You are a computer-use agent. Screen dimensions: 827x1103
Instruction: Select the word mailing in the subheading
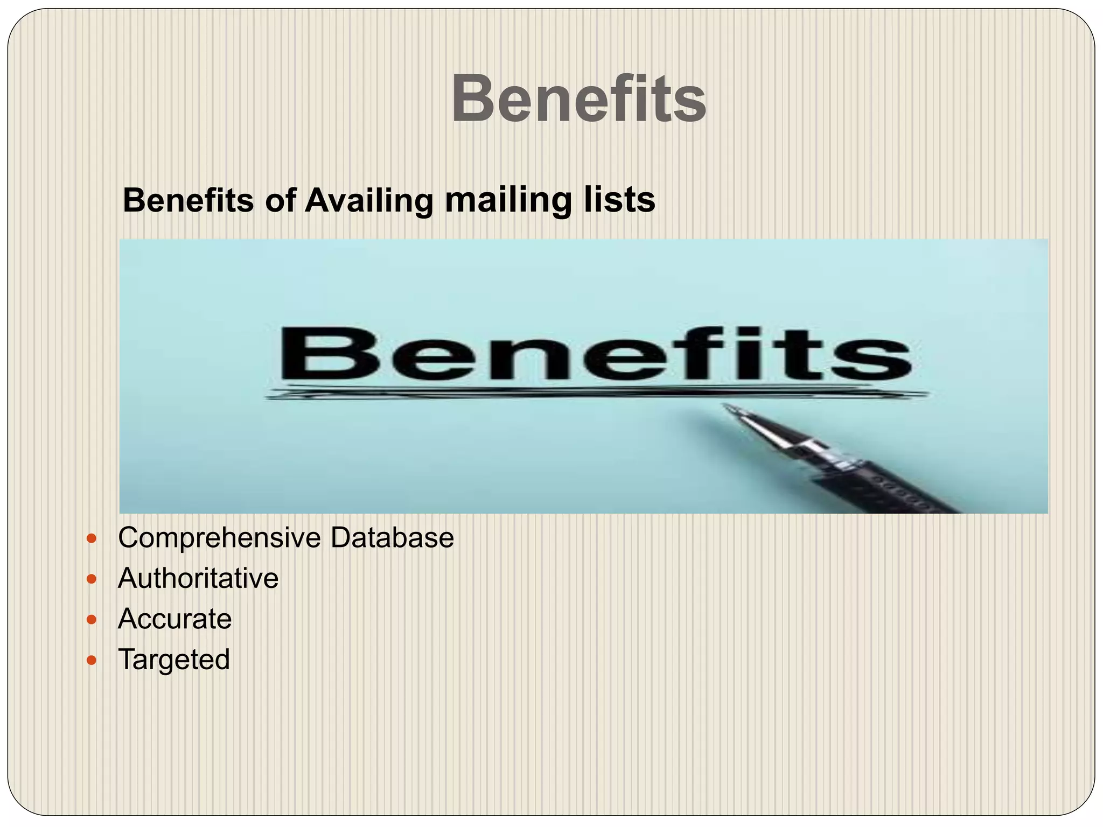[508, 201]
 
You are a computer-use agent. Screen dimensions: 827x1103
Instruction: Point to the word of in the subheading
[280, 201]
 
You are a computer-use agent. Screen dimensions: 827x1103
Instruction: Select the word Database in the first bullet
[392, 537]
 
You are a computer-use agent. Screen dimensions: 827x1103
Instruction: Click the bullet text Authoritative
[198, 578]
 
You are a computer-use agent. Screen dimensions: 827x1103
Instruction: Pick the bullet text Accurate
[174, 619]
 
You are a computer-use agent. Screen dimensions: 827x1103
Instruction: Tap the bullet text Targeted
[173, 660]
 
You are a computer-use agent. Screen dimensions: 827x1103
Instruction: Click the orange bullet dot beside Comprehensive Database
[92, 538]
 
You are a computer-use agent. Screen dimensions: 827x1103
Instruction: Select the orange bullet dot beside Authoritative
[92, 579]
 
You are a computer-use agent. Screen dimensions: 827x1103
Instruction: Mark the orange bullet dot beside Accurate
[92, 620]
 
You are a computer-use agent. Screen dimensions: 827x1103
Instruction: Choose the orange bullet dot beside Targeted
[92, 660]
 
